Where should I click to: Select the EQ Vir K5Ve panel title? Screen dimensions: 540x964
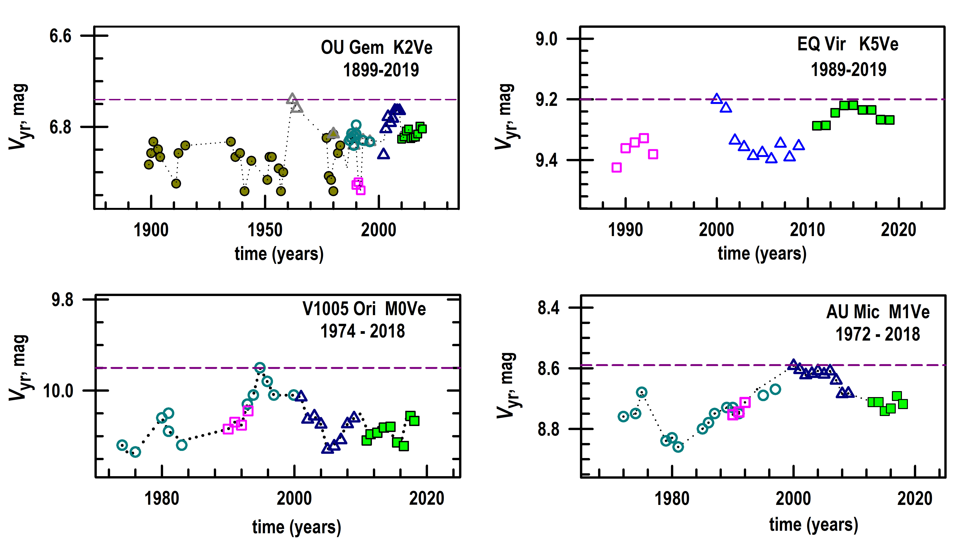tap(848, 44)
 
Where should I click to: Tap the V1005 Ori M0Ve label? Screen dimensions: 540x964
tap(364, 309)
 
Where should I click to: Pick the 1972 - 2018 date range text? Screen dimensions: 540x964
tap(878, 334)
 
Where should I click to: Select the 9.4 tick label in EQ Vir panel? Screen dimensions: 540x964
tap(546, 160)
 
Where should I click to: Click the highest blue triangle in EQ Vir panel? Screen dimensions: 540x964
tap(716, 99)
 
